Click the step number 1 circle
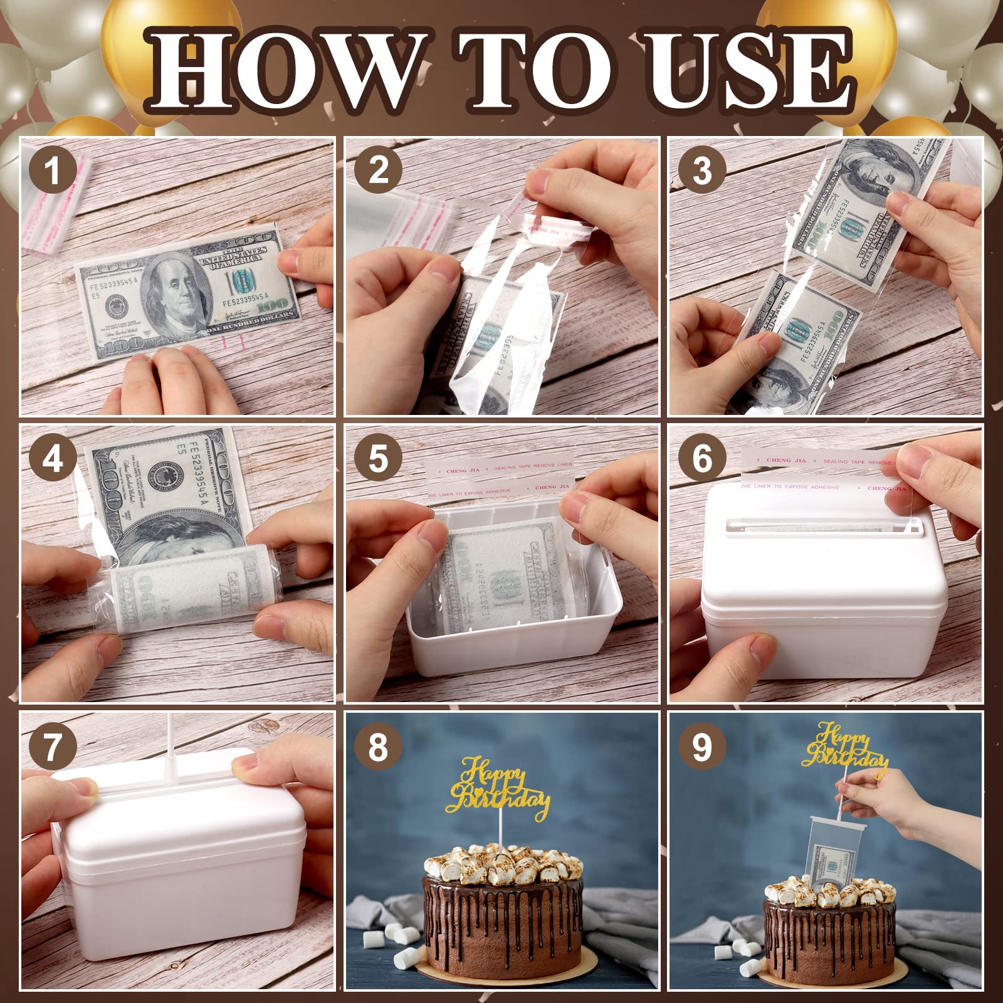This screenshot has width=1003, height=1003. click(53, 171)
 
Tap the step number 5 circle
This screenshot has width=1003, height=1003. click(377, 458)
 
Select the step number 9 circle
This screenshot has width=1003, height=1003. click(702, 746)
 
